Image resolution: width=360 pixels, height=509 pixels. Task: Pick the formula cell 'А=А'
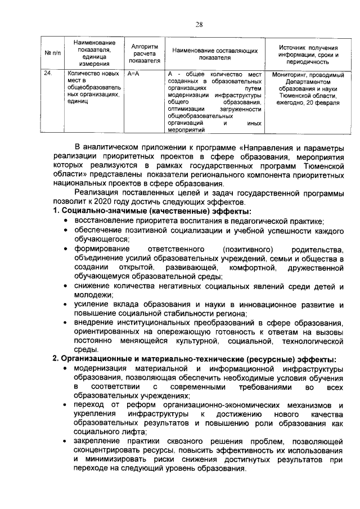(x=133, y=74)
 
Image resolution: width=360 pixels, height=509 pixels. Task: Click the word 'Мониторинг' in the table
(x=291, y=74)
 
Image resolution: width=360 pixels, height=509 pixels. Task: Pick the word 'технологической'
(x=312, y=341)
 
